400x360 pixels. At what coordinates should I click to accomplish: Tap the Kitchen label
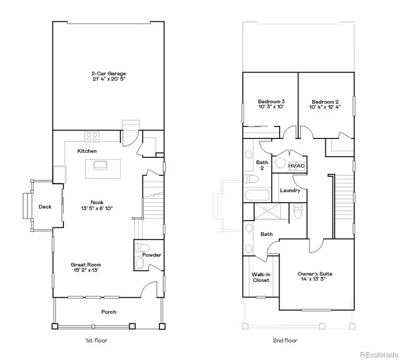click(87, 151)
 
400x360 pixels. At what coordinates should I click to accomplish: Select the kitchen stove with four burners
click(92, 136)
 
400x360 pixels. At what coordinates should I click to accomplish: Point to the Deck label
click(45, 206)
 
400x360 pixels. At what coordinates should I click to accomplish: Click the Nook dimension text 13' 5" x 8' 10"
click(97, 208)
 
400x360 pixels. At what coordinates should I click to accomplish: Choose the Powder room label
click(152, 255)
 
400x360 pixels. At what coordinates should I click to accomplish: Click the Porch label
click(108, 312)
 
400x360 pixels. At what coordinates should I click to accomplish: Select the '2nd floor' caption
click(285, 341)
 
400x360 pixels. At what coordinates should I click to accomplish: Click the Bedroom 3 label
click(271, 101)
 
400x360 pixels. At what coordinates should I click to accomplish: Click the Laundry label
click(290, 190)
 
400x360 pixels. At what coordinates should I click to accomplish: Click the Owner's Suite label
click(315, 274)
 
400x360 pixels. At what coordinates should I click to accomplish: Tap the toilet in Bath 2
click(252, 179)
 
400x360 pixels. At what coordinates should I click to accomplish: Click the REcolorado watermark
click(379, 354)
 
